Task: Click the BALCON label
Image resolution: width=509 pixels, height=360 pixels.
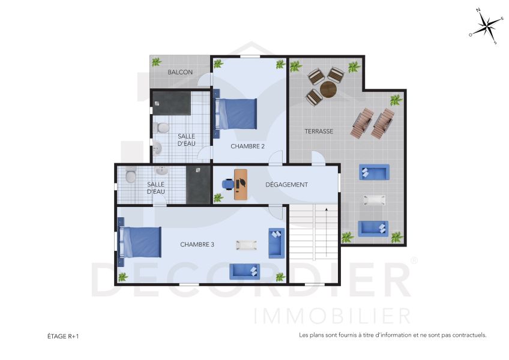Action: pos(180,73)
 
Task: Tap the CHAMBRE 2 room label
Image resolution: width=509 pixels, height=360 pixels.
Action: pos(248,146)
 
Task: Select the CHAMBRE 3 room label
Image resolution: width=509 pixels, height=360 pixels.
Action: pos(197,244)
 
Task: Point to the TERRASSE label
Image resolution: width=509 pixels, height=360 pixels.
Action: pos(319,131)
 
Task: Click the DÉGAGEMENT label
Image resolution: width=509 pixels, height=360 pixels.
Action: pos(286,185)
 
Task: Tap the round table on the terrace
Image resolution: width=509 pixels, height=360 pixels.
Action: pos(328,89)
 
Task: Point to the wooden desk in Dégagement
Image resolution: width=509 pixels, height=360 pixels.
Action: pos(241,184)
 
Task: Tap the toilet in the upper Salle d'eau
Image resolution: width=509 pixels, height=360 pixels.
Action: pos(161,127)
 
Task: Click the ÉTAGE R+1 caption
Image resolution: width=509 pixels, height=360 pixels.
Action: pos(63,337)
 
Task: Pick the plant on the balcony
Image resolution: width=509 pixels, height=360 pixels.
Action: pos(157,62)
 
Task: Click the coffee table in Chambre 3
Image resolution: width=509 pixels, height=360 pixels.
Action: pos(247,245)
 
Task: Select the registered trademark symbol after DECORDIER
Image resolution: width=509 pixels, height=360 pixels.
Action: pos(414,260)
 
